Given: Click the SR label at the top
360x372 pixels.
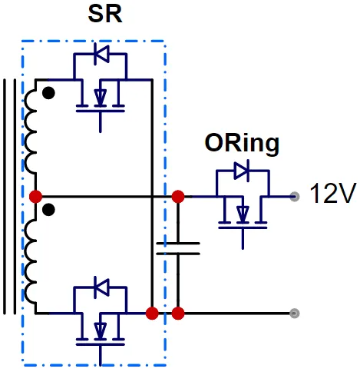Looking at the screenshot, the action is tap(105, 15).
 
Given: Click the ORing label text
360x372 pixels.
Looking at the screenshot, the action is tap(242, 144).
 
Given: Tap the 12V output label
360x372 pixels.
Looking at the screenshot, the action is tap(333, 193).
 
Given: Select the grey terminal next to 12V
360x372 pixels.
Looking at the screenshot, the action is tap(295, 197).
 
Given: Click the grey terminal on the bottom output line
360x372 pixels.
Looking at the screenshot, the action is tap(295, 313).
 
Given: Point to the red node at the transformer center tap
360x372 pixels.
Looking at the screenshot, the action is tap(35, 197).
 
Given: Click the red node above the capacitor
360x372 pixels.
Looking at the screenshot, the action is tap(178, 197).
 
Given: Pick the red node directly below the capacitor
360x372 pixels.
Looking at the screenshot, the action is tap(178, 314).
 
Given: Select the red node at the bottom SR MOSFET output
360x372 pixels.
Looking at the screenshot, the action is tap(152, 314).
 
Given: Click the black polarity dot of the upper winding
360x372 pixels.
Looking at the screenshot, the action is tap(48, 93).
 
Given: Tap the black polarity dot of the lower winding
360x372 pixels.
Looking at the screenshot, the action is tap(48, 210).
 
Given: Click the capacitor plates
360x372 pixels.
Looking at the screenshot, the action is tap(178, 248).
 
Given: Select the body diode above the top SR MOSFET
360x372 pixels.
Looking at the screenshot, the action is tap(101, 54).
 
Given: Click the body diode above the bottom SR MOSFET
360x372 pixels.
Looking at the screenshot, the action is tap(101, 287).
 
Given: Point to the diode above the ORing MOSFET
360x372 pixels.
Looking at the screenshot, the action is tap(242, 171).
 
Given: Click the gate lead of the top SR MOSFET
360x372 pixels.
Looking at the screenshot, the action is tap(101, 122).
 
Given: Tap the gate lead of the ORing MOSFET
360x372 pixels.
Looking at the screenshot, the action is tap(243, 238).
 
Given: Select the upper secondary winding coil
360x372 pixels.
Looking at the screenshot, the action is tap(31, 132).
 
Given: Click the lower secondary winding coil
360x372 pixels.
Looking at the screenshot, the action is tap(31, 261).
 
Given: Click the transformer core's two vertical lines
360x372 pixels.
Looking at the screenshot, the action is tap(9, 196).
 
